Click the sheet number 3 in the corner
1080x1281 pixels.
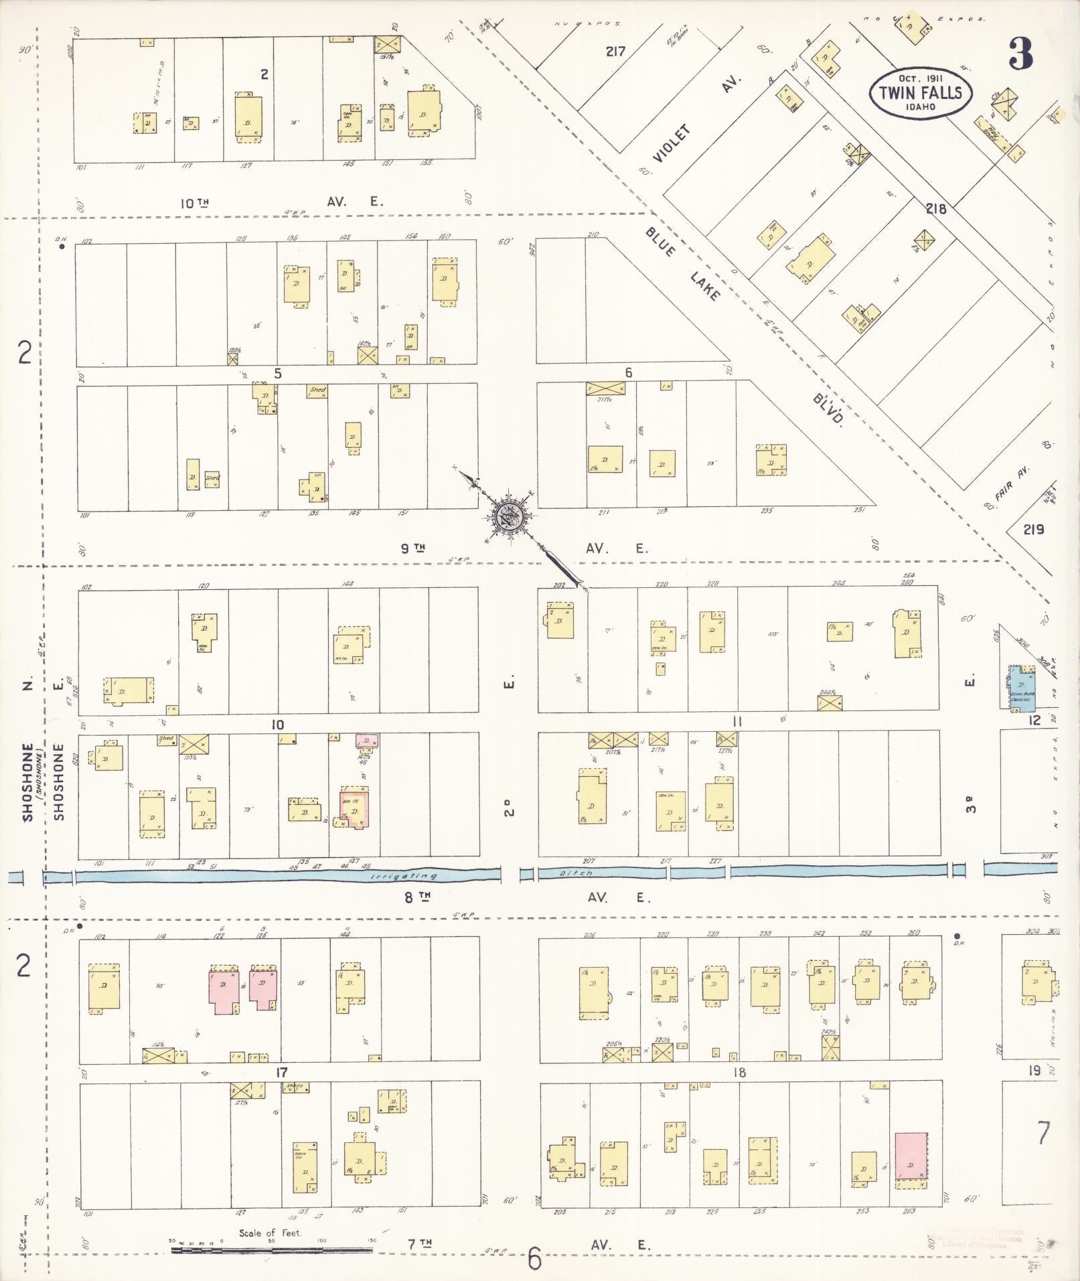click(1022, 54)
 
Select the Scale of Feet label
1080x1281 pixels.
click(271, 1233)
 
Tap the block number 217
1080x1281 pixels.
click(615, 51)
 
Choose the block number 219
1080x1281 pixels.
click(1033, 530)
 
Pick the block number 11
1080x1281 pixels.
click(737, 721)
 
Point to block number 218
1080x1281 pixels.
click(935, 209)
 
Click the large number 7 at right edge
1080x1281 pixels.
click(1043, 1132)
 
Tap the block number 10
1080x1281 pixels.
click(278, 725)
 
